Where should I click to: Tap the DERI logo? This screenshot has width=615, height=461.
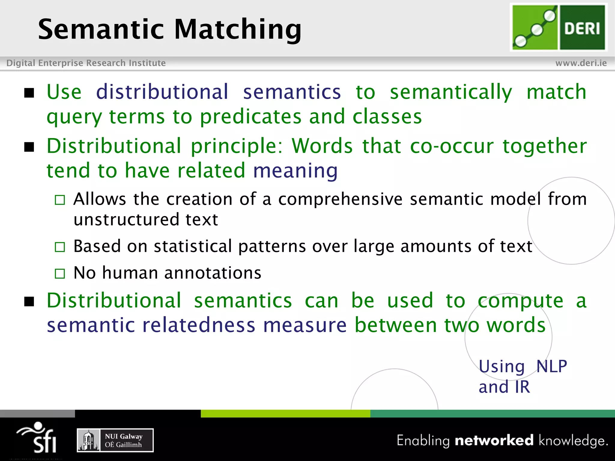click(559, 27)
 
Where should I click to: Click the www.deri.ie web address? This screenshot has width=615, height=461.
click(581, 63)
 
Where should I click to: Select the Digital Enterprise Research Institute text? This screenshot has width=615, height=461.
click(86, 63)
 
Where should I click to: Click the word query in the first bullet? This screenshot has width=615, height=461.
click(74, 117)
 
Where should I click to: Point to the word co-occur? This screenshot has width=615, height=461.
click(452, 146)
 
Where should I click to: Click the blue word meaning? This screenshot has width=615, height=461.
click(295, 170)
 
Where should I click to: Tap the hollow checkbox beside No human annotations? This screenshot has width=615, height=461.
click(60, 273)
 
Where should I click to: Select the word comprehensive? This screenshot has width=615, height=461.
click(340, 199)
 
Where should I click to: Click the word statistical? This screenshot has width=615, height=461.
click(193, 246)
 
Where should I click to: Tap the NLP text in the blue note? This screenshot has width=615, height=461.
click(551, 366)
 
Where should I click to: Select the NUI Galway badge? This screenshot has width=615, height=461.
click(115, 440)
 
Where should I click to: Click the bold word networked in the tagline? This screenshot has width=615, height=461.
click(494, 440)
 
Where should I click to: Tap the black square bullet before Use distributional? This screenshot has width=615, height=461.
click(29, 93)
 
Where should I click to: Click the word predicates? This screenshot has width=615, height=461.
click(251, 117)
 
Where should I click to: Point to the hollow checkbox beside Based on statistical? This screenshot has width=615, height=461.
click(60, 247)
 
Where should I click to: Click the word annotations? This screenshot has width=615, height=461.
click(212, 273)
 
